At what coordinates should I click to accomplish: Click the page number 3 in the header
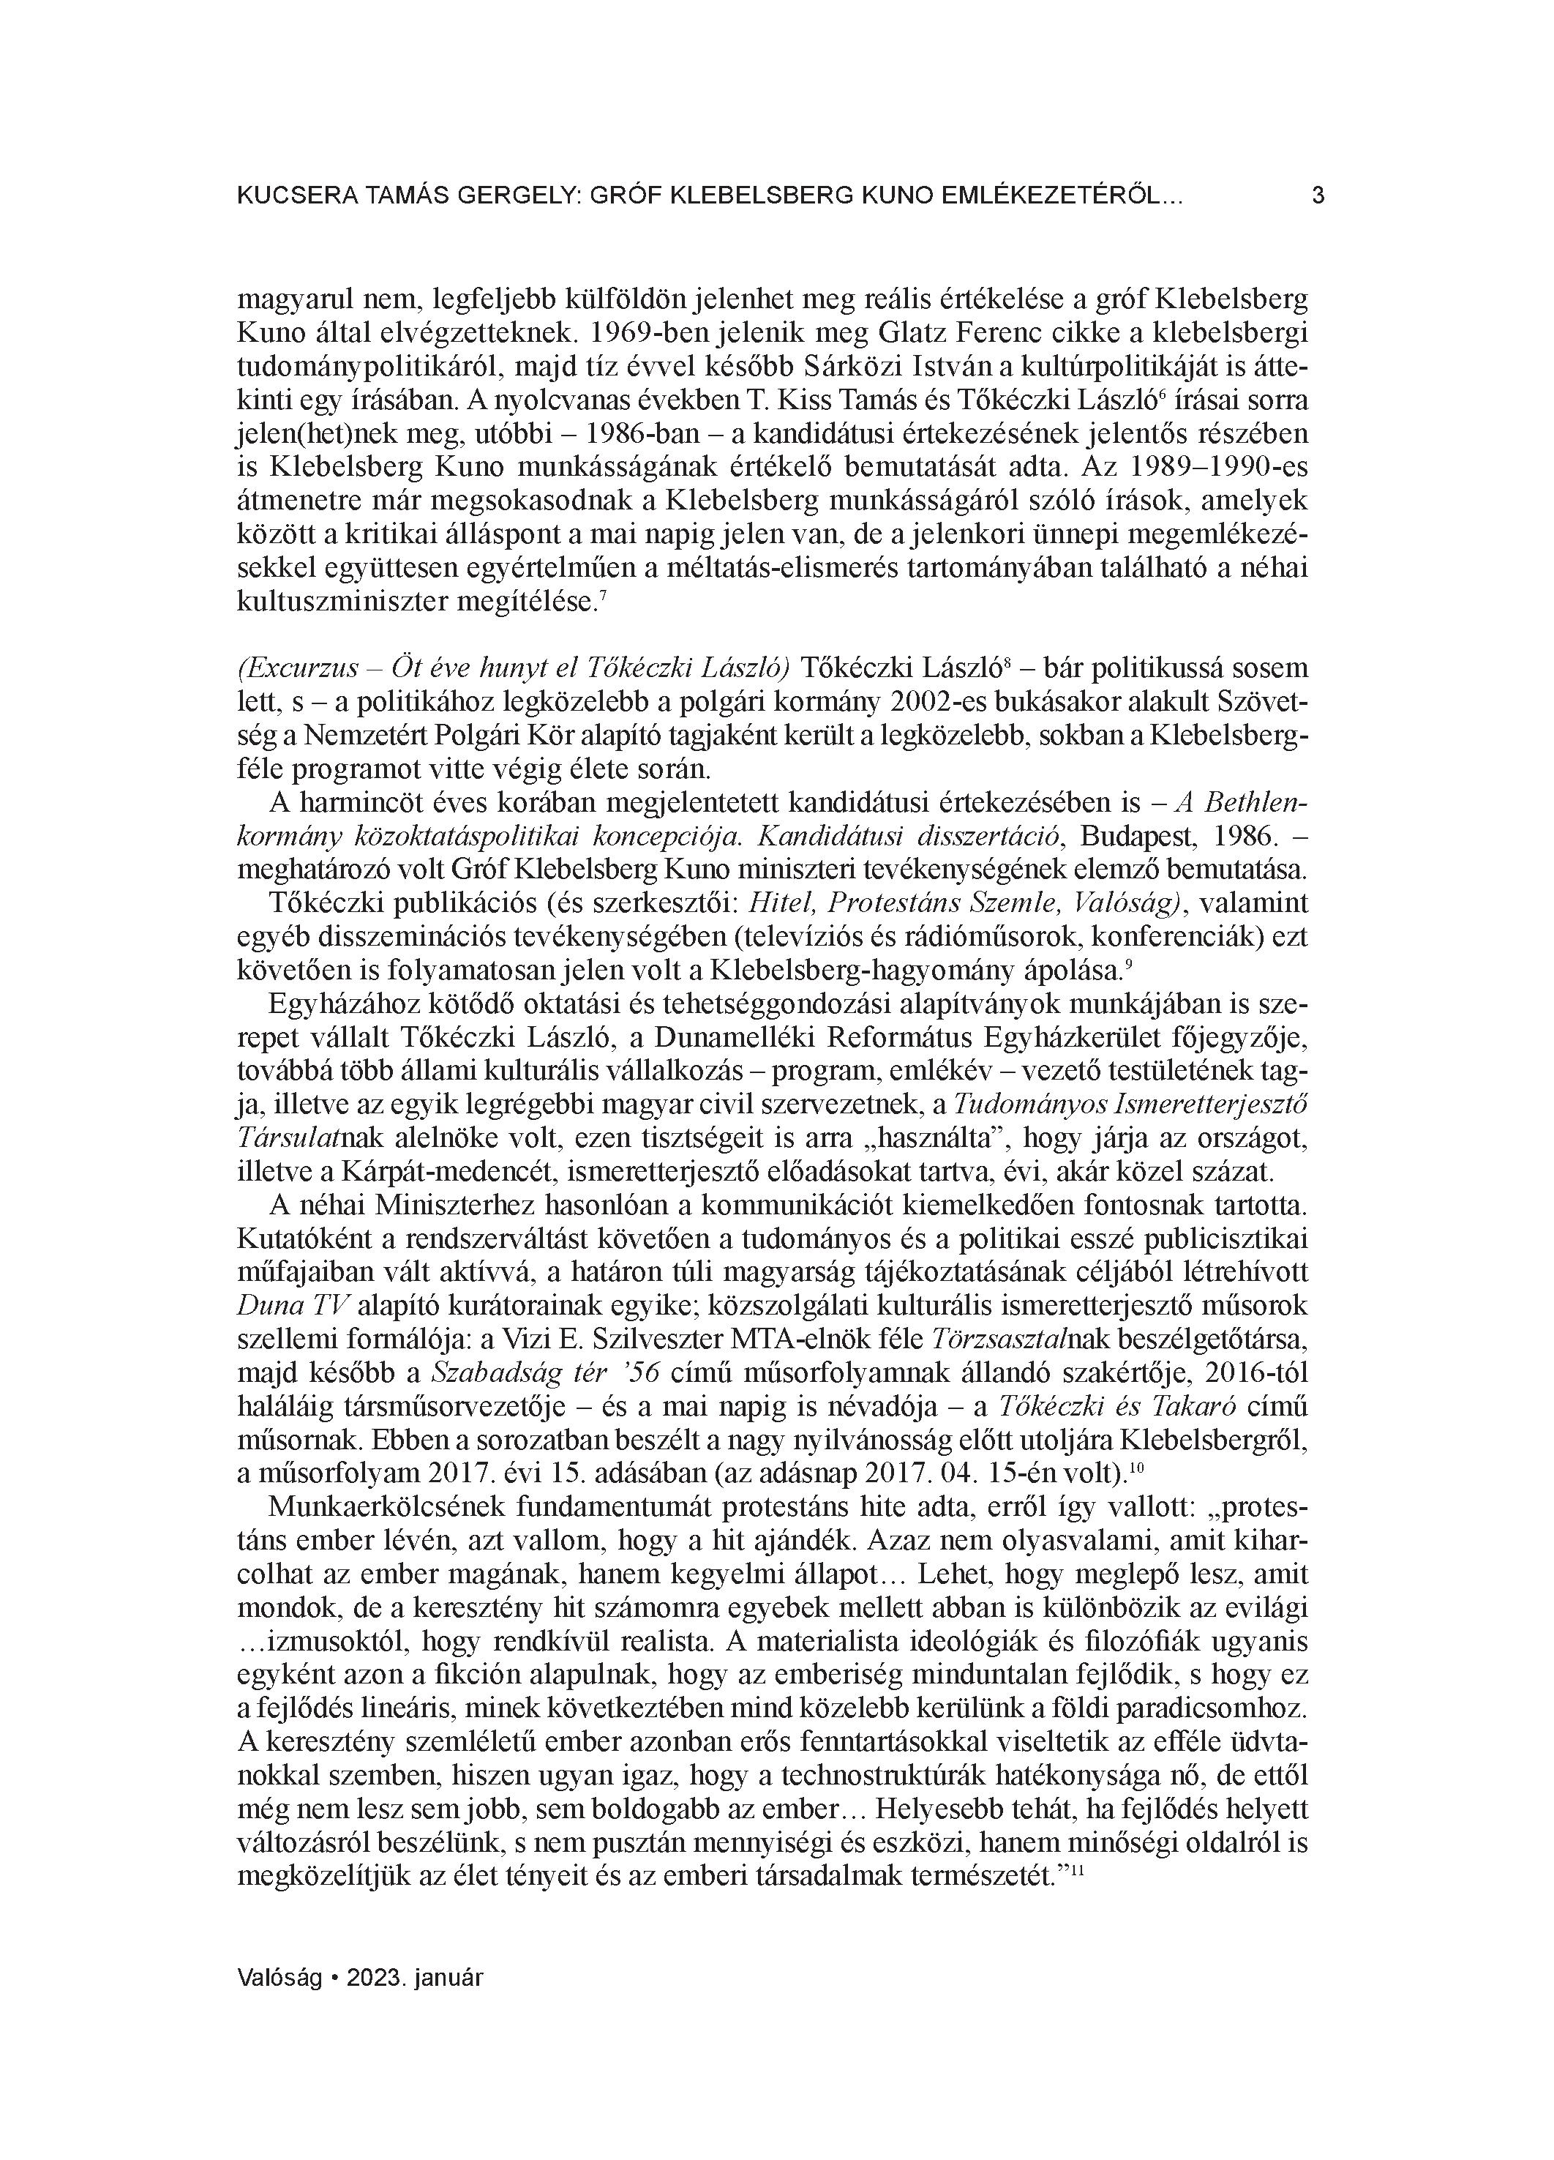[x=1318, y=196]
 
